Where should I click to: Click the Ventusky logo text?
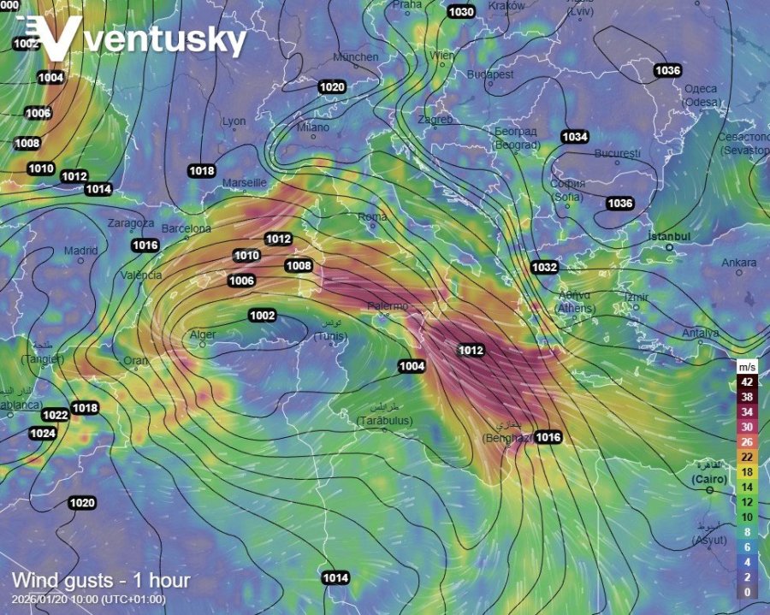(x=163, y=40)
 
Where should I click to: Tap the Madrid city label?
(x=81, y=251)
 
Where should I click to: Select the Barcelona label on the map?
(x=186, y=228)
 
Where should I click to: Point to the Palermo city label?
(x=387, y=305)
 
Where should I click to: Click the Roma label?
(x=373, y=216)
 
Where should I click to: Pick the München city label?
(x=355, y=57)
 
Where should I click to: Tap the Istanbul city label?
(x=669, y=235)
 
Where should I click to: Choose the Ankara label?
(x=739, y=263)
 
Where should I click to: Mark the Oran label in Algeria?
(x=136, y=360)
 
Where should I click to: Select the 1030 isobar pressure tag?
(x=461, y=12)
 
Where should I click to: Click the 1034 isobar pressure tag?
(x=575, y=137)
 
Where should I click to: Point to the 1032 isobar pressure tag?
(x=544, y=268)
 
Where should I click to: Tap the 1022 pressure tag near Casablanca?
(x=56, y=416)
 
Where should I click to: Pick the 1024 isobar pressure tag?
(x=42, y=434)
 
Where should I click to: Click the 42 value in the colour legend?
(x=747, y=382)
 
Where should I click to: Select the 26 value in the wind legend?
(x=747, y=442)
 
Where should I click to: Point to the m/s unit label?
(x=746, y=366)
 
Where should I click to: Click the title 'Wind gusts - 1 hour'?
(x=101, y=582)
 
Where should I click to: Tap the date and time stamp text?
(x=89, y=599)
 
